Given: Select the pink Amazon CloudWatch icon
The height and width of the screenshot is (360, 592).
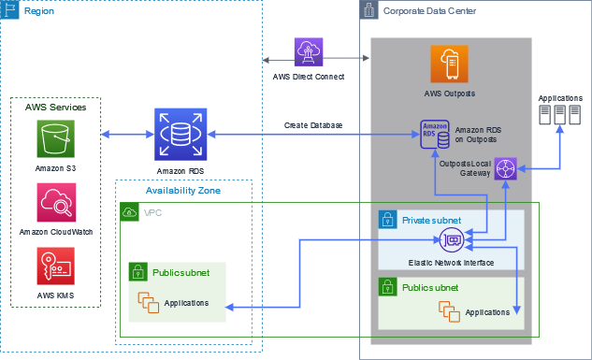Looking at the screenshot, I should click(x=55, y=203).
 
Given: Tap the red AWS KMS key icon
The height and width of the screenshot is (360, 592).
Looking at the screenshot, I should click(x=55, y=266).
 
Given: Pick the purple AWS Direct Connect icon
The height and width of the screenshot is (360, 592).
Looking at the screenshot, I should click(x=309, y=51).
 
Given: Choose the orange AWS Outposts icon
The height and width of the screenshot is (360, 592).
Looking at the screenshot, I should click(x=449, y=64).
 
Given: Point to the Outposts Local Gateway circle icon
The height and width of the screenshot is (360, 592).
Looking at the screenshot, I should click(x=506, y=169).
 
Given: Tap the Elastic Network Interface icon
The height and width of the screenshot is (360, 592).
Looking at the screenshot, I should click(x=452, y=240).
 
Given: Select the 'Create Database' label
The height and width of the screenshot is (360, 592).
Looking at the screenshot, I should click(x=313, y=125).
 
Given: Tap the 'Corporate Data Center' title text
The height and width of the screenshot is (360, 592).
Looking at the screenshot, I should click(x=429, y=10).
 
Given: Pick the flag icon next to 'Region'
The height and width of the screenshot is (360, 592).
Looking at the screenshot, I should click(x=10, y=12).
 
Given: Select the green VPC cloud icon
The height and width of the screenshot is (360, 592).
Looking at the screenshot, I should click(x=128, y=212).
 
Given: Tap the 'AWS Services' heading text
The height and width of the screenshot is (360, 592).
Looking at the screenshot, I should click(x=55, y=108).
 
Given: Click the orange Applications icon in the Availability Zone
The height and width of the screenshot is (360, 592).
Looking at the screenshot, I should click(x=148, y=302).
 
